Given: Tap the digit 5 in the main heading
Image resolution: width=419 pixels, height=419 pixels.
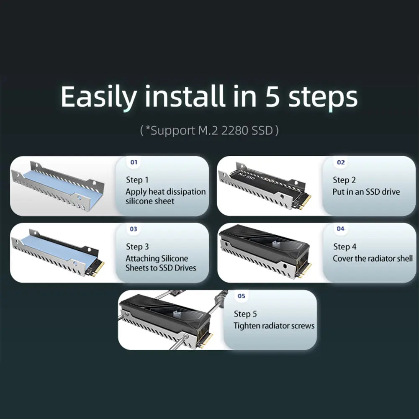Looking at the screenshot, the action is point(272,96).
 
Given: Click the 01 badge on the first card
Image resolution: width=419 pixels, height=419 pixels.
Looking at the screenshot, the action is point(134,162).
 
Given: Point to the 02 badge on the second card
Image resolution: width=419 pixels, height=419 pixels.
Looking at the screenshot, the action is point(341,162).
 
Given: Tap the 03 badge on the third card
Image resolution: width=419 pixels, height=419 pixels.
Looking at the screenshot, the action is point(134,229).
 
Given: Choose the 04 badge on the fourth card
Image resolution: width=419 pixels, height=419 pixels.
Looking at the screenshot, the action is point(340,229).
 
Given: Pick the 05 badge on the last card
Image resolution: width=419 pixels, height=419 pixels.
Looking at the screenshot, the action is point(241,296).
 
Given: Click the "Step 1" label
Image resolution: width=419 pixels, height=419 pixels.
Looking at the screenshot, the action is point(137,180).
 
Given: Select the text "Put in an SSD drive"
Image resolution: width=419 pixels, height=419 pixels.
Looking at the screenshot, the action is point(366,192).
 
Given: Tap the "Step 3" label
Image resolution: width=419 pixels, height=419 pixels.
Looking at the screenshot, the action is point(137,247).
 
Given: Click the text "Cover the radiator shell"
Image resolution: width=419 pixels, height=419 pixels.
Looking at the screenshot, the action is point(373,258).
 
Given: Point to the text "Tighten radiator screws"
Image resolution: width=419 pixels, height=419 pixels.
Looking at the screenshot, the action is point(274,326).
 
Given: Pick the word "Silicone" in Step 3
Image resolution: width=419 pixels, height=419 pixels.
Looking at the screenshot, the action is point(175,258).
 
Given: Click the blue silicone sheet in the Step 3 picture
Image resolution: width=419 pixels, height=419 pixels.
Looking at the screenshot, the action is point(59,250).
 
